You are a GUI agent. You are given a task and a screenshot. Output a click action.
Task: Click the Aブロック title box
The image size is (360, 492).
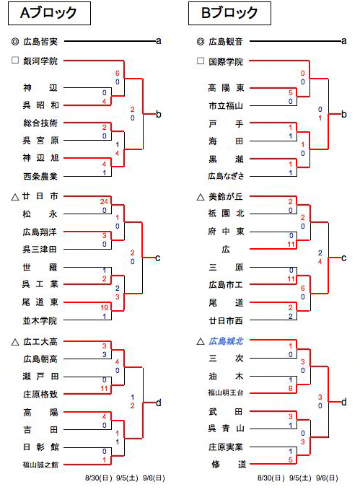pos(49,13)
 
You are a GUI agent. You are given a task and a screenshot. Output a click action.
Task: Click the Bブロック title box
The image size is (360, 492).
pos(229,13)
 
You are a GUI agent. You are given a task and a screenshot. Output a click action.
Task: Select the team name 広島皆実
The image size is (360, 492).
pos(40,41)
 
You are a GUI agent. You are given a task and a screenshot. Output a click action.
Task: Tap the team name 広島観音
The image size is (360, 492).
pos(226,41)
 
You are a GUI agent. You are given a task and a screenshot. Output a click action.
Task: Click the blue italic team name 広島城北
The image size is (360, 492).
pos(226,341)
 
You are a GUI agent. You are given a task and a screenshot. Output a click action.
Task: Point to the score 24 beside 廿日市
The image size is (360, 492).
pos(104,201)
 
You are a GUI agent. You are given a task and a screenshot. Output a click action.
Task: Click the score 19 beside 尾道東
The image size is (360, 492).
pos(104,307)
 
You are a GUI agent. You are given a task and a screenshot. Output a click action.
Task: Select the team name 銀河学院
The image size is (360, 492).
pos(40,61)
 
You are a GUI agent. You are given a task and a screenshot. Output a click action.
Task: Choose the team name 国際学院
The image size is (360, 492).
pos(226,61)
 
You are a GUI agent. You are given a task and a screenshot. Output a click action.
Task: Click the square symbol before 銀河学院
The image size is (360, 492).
pos(14,61)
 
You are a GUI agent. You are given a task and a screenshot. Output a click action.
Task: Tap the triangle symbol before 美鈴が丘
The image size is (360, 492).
pos(201,198)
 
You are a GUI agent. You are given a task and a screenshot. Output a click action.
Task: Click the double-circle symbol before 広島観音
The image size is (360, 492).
pos(201,41)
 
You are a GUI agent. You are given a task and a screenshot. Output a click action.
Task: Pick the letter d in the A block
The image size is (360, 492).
pos(159,403)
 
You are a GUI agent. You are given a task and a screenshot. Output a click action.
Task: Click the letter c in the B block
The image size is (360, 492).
pos(343,258)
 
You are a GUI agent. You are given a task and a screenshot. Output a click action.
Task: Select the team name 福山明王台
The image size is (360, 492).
pos(226,393)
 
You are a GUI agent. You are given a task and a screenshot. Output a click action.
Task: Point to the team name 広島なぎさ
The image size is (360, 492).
pos(226,176)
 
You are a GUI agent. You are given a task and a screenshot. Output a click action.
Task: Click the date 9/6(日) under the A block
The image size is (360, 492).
pos(154,478)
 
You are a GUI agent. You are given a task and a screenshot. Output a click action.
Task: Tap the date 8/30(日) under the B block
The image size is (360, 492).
pos(271,478)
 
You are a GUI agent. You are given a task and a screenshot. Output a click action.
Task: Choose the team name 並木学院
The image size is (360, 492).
pos(40,321)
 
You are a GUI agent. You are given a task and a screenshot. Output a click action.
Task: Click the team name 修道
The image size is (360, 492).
pos(229,465)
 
